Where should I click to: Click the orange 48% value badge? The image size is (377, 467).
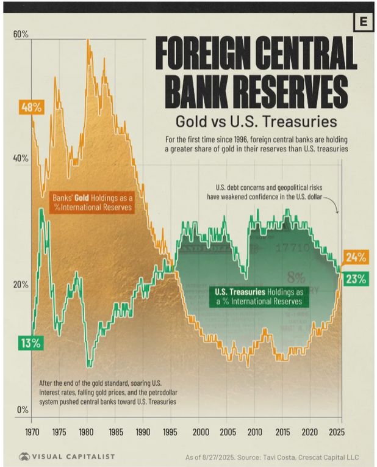point(31,107)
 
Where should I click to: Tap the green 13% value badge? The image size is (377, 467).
point(31,343)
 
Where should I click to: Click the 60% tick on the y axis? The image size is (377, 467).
point(21,34)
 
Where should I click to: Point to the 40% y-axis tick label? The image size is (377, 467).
point(21,159)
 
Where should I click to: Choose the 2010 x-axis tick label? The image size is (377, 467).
point(255,432)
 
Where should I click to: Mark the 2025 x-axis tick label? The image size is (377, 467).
point(340,432)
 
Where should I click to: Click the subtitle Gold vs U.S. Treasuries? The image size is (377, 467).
point(256,120)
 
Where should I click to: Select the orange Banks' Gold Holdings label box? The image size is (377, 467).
point(92,203)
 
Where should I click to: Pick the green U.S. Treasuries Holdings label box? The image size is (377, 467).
point(259,297)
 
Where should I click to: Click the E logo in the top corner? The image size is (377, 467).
point(365,21)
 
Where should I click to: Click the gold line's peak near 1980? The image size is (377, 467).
point(88,40)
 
